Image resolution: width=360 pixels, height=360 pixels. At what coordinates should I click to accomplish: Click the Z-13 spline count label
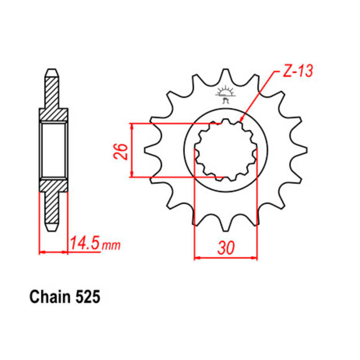click(297, 71)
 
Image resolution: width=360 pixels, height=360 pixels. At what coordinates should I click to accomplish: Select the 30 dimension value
click(226, 247)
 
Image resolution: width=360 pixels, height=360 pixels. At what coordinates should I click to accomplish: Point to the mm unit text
click(111, 246)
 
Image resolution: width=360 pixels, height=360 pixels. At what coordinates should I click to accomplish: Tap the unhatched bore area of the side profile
click(54, 149)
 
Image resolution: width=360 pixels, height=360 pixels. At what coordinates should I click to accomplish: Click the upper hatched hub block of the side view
click(54, 115)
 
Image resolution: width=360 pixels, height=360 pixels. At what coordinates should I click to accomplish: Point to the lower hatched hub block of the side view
click(54, 184)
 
